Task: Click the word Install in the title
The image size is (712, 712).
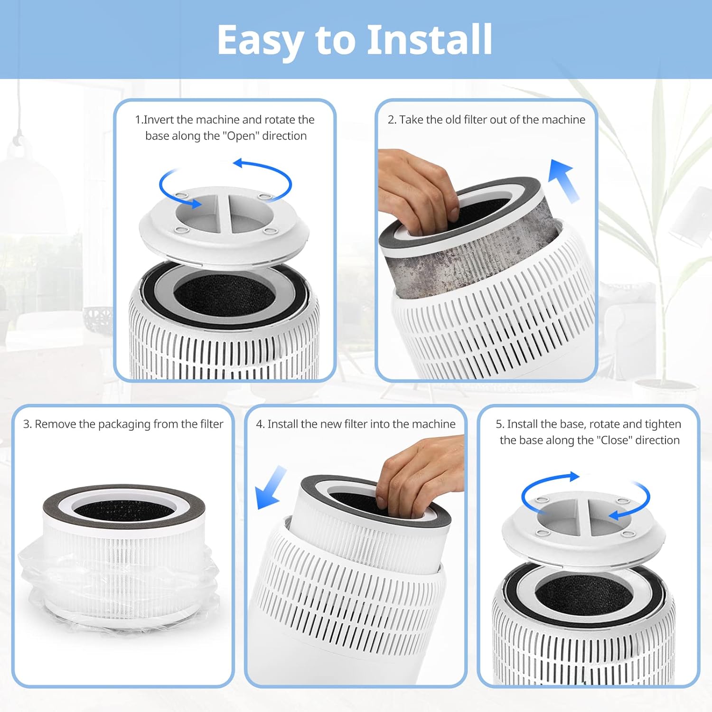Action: pos(429,40)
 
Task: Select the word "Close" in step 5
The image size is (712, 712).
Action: pos(615,440)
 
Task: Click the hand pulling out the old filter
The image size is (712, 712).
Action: pos(418,190)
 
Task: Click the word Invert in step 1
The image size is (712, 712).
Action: pos(159,120)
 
